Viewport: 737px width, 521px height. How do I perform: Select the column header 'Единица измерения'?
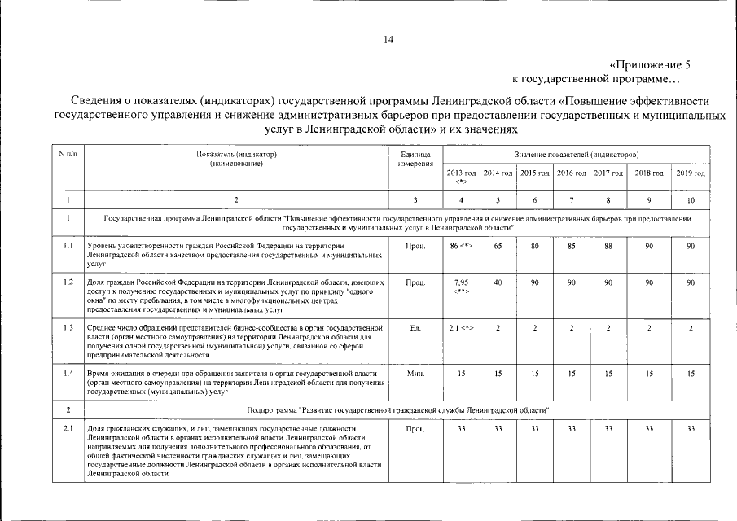[x=415, y=159]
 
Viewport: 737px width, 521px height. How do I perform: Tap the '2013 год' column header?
[x=461, y=177]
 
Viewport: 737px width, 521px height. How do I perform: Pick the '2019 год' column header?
[x=690, y=173]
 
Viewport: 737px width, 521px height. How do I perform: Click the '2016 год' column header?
[x=571, y=173]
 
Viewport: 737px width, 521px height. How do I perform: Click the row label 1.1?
[x=69, y=245]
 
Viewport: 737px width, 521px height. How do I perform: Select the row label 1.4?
[x=69, y=372]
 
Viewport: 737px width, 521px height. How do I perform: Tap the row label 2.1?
[x=69, y=428]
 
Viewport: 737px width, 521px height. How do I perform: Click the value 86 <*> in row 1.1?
[x=461, y=245]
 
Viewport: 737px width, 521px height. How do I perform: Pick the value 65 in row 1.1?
[x=498, y=245]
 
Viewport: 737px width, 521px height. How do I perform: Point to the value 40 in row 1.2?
[x=498, y=282]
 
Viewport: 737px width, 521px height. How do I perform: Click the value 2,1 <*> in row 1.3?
[x=461, y=327]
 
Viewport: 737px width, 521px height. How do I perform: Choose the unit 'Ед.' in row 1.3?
[x=415, y=327]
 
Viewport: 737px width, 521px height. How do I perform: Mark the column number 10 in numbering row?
[x=690, y=199]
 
